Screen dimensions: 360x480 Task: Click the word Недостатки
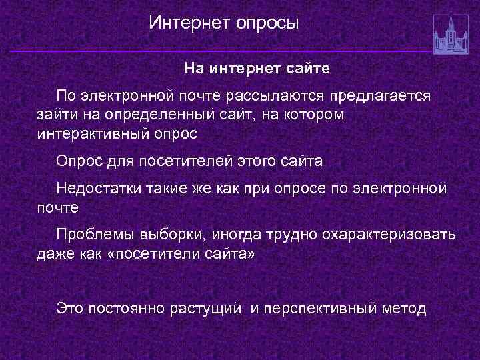point(99,189)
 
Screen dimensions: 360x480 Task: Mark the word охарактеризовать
point(390,235)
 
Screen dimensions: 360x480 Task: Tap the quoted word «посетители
point(149,253)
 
